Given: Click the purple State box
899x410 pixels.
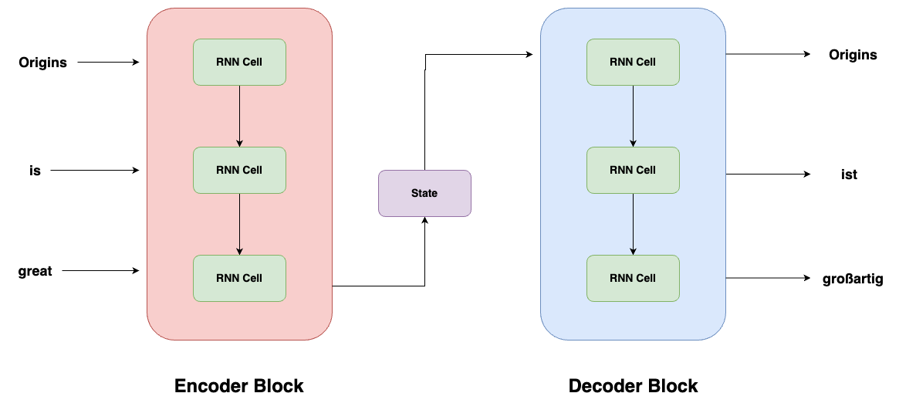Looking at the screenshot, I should click(x=424, y=193).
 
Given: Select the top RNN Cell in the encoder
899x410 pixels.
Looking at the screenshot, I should click(x=239, y=62).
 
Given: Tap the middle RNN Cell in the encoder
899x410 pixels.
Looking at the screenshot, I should click(x=239, y=170).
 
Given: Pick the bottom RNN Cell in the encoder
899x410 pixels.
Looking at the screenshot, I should click(x=239, y=278).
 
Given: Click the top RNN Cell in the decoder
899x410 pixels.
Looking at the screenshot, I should click(x=633, y=62).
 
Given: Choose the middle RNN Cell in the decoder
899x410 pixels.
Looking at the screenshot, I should click(x=633, y=170).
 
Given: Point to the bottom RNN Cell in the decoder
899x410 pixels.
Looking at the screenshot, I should click(x=633, y=278).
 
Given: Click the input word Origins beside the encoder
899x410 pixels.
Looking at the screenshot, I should click(x=43, y=63).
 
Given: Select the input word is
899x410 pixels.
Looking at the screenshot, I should click(x=35, y=171).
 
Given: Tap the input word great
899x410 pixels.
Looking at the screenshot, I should click(x=35, y=271).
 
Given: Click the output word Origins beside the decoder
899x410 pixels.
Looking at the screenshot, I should click(x=853, y=55).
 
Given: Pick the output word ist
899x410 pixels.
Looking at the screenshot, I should click(x=849, y=175).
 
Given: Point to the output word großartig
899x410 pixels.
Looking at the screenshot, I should click(x=853, y=279).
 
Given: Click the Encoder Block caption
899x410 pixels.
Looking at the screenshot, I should click(x=239, y=386).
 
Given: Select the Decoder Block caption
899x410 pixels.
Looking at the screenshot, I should click(x=633, y=386).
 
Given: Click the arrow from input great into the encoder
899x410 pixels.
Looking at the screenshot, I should click(x=100, y=271).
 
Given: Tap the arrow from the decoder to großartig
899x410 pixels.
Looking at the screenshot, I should click(x=768, y=278).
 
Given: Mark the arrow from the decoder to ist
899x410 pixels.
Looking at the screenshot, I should click(x=768, y=175).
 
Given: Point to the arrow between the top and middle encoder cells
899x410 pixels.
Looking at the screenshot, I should click(x=239, y=116).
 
